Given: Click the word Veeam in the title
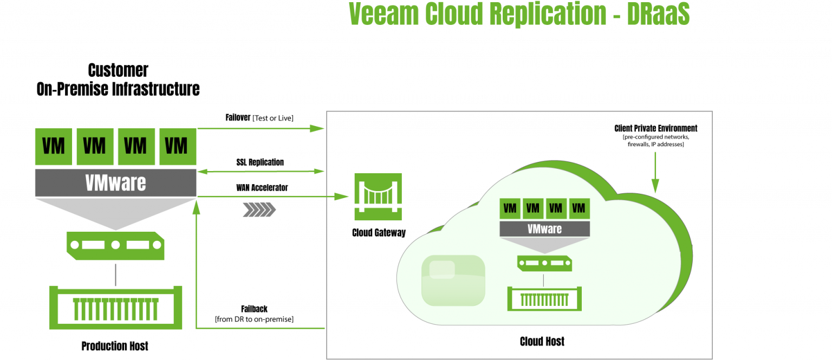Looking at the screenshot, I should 384,15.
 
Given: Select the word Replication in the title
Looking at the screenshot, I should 548,15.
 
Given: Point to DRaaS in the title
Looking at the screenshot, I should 658,15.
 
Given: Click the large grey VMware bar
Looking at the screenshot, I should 115,183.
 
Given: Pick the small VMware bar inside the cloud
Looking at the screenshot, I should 544,229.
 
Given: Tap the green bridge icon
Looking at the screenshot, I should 378,197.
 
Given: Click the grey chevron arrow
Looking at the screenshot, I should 259,210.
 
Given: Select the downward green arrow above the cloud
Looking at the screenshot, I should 655,173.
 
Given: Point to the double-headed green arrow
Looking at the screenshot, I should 261,172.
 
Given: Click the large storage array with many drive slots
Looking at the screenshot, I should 116,307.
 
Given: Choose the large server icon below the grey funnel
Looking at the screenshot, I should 115,245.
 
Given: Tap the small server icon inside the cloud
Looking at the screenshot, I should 544,264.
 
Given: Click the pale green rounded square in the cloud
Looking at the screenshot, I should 453,280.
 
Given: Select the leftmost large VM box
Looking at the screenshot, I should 53,147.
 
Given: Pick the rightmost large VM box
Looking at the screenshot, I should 177,147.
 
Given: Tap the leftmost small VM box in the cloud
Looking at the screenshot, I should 510,208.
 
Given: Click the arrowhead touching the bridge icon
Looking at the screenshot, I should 342,197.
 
